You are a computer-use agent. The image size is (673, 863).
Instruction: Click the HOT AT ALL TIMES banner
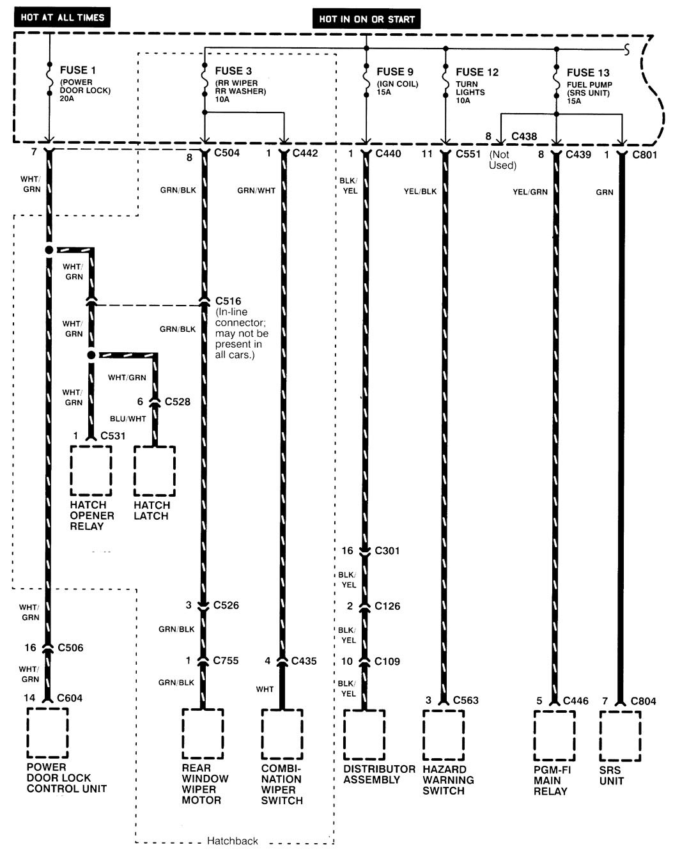point(62,17)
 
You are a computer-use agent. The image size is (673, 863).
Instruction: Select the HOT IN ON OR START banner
point(366,19)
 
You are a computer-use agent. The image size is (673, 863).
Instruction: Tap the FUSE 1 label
point(78,70)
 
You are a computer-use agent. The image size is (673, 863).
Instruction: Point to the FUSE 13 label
point(587,73)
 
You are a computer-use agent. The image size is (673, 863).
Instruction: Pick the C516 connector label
point(228,300)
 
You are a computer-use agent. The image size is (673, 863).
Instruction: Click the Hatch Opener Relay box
point(91,470)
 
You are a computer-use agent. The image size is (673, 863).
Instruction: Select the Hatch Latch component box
point(154,470)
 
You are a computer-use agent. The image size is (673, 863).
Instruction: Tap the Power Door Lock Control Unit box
point(48,733)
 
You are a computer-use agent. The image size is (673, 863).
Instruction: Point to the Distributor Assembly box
point(364,735)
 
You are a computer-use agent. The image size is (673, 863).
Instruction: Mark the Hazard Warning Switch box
point(444,735)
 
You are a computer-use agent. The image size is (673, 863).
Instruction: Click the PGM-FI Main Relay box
point(554,735)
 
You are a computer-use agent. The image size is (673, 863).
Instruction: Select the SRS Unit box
point(620,735)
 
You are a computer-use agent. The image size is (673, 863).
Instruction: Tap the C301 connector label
point(387,550)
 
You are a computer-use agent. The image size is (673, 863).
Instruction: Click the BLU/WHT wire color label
point(128,419)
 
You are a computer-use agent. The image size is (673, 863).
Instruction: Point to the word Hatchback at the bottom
point(232,841)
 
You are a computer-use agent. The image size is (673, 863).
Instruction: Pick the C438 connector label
point(524,136)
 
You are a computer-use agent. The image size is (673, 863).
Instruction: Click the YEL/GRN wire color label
point(530,192)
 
